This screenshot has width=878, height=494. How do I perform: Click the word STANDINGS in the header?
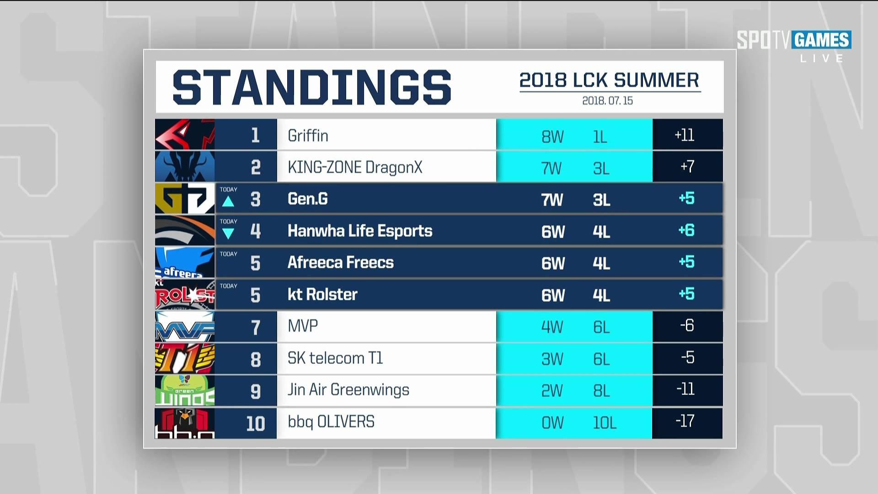coord(312,87)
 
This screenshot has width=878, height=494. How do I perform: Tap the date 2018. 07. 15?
coord(607,101)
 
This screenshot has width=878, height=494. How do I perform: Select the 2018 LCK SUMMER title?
coord(609,80)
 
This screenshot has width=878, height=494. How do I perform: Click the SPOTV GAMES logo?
coord(794,40)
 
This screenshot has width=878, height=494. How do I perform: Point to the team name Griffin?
coord(308,135)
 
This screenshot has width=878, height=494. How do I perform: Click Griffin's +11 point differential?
coord(685,135)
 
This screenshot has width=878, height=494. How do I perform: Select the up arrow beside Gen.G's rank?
coord(228,201)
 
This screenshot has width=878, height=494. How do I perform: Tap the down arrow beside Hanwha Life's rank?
coord(228,233)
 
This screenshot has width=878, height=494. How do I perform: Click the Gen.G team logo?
coord(185,198)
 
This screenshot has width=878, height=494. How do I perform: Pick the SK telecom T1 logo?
coord(185,358)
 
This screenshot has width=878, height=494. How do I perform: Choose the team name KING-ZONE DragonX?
coord(355,167)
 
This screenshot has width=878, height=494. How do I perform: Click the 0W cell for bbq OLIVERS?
coord(552,423)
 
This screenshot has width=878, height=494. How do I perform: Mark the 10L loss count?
coord(605,423)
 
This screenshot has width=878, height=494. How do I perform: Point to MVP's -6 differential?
coord(687,326)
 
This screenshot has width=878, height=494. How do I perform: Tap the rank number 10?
coord(256,424)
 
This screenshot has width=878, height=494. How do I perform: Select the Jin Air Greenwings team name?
coord(348,390)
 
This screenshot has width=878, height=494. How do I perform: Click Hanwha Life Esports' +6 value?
coord(686,230)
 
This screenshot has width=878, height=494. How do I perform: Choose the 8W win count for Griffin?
coord(552,137)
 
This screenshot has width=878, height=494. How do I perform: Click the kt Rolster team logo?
coord(185,294)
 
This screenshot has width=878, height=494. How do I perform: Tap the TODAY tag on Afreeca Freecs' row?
coord(228,254)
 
